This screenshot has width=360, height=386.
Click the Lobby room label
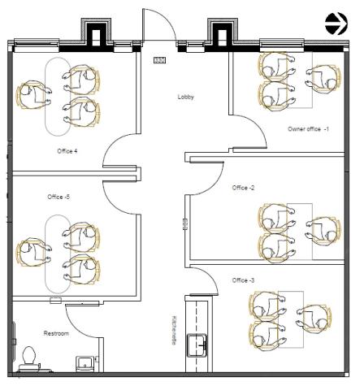tap(186, 97)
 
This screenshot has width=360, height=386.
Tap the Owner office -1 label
tap(308, 129)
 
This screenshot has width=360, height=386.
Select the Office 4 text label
tap(67, 151)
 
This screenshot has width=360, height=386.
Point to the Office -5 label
tap(59, 197)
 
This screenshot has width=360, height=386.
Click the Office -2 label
tap(243, 188)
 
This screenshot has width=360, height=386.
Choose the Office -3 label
tap(243, 280)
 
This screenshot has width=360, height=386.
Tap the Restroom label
tap(56, 333)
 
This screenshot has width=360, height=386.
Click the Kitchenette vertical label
tap(174, 330)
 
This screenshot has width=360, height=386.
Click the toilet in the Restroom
tap(29, 359)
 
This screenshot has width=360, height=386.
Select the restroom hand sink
tap(85, 364)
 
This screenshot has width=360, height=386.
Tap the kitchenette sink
tap(197, 345)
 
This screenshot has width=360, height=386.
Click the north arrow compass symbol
tap(336, 24)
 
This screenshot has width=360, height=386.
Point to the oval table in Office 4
tap(58, 97)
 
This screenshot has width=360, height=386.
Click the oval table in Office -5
tap(58, 254)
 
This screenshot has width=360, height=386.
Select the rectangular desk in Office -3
tap(291, 319)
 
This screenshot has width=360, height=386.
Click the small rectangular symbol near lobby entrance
tap(159, 60)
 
